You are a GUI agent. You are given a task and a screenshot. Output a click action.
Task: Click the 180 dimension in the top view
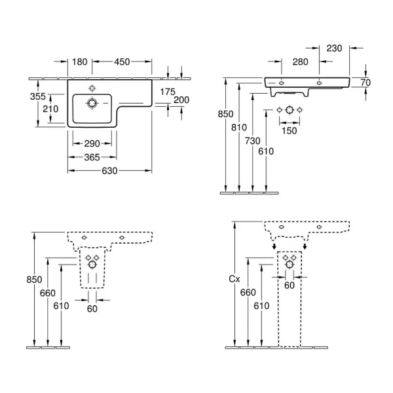click(x=79, y=62)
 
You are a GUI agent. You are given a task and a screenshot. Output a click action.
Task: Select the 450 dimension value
click(x=121, y=62)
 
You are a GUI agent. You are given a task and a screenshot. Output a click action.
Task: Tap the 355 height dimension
click(x=39, y=97)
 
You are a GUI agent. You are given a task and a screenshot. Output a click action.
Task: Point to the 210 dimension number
click(x=50, y=109)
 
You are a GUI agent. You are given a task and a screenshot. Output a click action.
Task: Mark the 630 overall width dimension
click(x=109, y=171)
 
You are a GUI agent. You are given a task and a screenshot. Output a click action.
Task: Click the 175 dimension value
click(x=168, y=92)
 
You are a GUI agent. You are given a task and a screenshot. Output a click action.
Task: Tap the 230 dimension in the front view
click(x=335, y=48)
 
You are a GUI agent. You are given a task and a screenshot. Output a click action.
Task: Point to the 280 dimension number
click(x=301, y=62)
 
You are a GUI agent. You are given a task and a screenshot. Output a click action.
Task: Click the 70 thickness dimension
click(x=365, y=83)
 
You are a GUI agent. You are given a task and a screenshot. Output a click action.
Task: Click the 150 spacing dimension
click(x=289, y=131)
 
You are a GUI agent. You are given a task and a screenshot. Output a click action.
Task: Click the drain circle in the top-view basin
click(x=92, y=103)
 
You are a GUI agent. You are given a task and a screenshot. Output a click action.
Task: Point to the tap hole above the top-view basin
click(x=92, y=87)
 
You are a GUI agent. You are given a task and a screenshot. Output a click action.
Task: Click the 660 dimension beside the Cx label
click(x=248, y=292)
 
